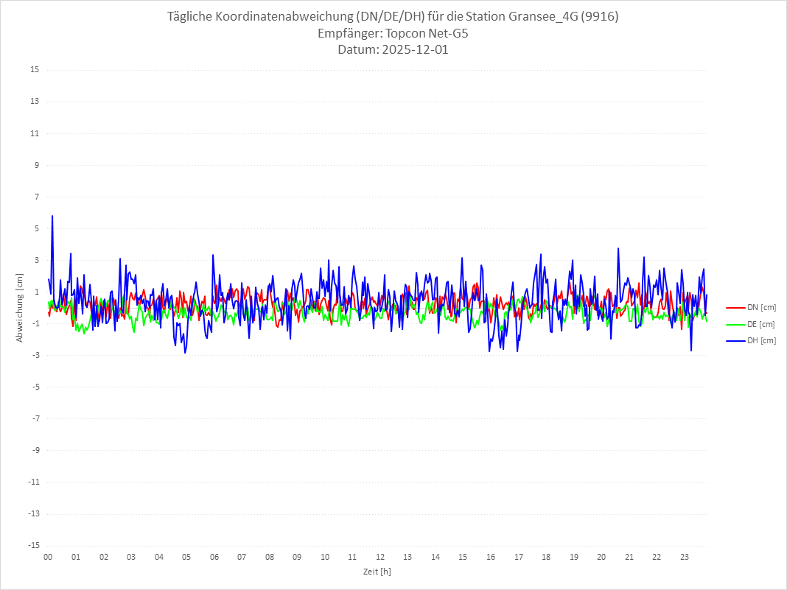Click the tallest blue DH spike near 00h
click(52, 217)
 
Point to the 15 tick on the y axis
click(35, 70)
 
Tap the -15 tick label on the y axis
click(33, 545)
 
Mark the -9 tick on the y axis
click(35, 450)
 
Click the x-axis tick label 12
click(380, 557)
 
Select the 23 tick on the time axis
click(685, 557)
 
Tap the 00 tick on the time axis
click(48, 557)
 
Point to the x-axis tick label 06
click(214, 557)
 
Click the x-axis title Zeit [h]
click(377, 571)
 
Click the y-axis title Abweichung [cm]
click(20, 308)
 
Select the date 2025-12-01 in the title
click(414, 50)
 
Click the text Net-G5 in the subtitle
click(449, 34)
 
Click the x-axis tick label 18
click(546, 557)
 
